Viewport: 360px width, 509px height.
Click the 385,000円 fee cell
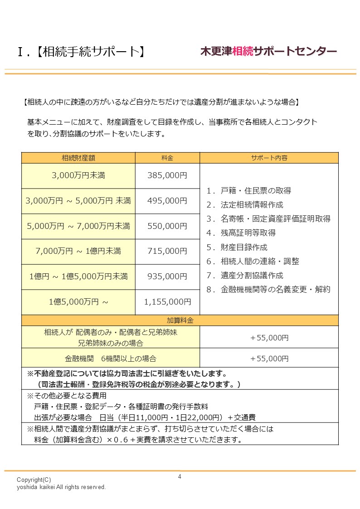[x=167, y=175]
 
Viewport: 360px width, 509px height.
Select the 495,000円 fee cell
[x=167, y=201]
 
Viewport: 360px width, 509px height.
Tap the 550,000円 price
[x=167, y=226]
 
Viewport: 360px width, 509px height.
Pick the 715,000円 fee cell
[x=167, y=251]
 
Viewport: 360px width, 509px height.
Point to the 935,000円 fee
[x=167, y=276]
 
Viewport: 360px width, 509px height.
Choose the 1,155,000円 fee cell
[x=167, y=302]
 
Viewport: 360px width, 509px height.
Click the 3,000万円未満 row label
[x=78, y=175]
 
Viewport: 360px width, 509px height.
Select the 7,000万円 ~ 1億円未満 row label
[x=78, y=251]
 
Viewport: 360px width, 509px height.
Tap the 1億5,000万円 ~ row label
[x=78, y=302]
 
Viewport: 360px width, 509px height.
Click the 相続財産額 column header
[x=78, y=158]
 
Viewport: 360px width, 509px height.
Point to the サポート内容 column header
[x=269, y=158]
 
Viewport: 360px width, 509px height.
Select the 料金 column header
[x=167, y=158]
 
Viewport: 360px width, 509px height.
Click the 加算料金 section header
[x=180, y=320]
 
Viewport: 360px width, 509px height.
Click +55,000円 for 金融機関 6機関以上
[x=269, y=358]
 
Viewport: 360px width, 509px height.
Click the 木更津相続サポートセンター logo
[x=268, y=51]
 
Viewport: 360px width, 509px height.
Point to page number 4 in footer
[x=180, y=477]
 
